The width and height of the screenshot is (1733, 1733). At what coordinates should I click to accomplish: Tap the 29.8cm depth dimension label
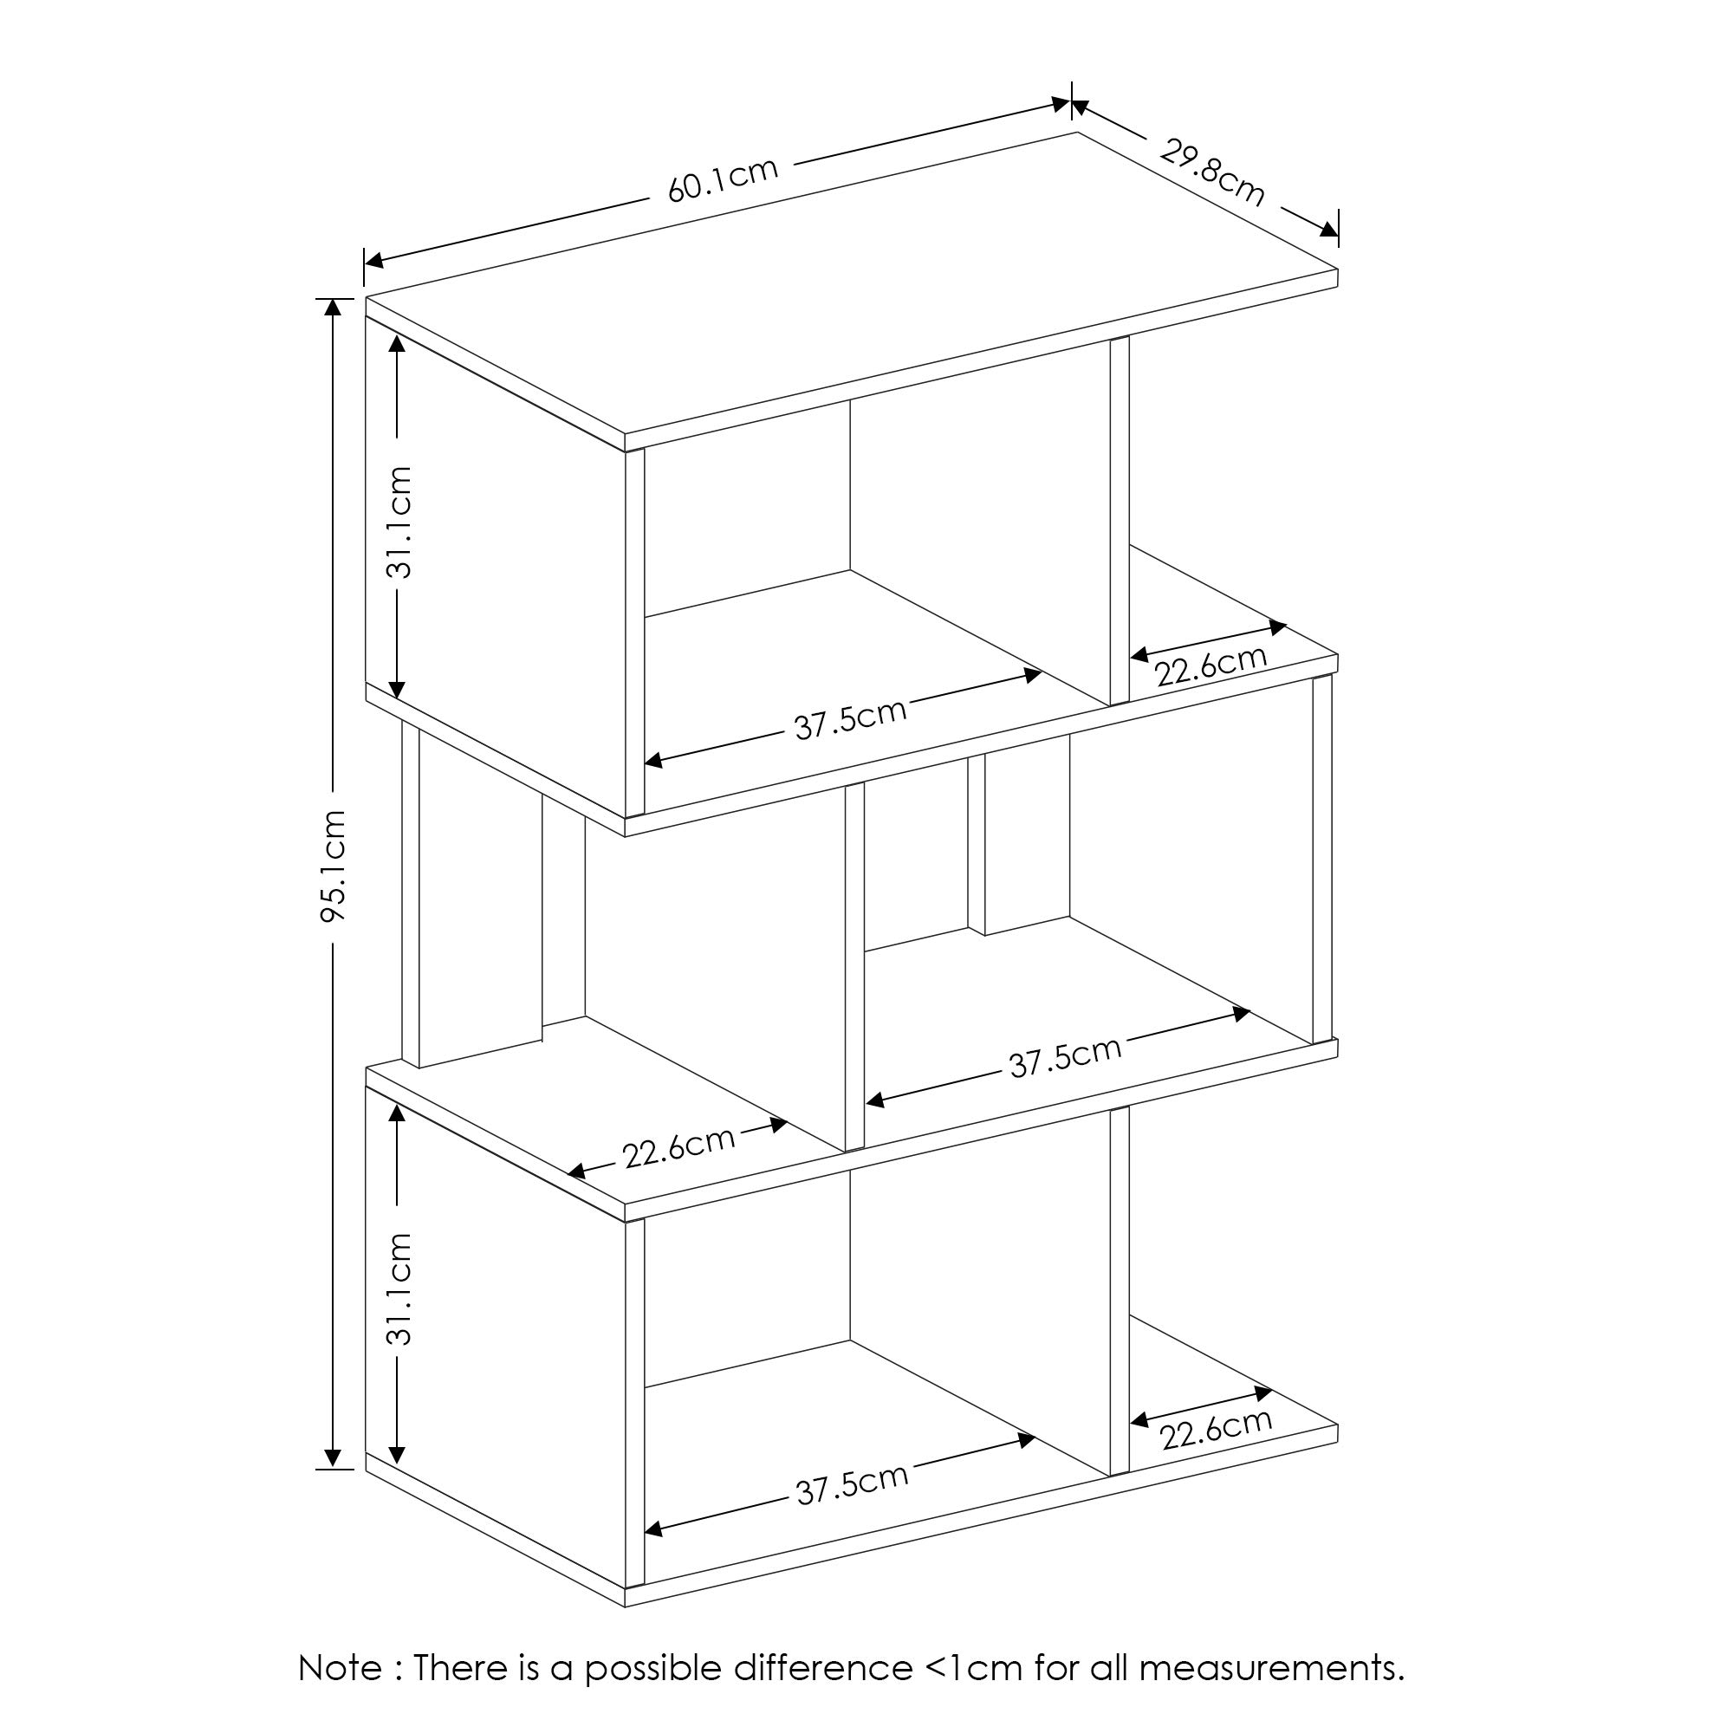(x=1212, y=173)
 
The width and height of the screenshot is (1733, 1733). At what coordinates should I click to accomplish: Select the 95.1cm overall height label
(x=334, y=866)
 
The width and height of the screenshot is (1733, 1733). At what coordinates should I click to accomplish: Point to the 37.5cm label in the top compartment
(x=850, y=719)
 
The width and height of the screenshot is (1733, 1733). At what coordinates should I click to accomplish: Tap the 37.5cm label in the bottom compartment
(x=852, y=1484)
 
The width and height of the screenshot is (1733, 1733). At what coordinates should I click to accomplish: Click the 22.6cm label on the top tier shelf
(x=1210, y=665)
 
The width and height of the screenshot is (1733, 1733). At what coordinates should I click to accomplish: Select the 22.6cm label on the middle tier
(x=679, y=1147)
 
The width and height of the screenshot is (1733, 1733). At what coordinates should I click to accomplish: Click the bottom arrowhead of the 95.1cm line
(x=333, y=1458)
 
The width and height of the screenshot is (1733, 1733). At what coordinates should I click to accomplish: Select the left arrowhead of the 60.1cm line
(x=374, y=261)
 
